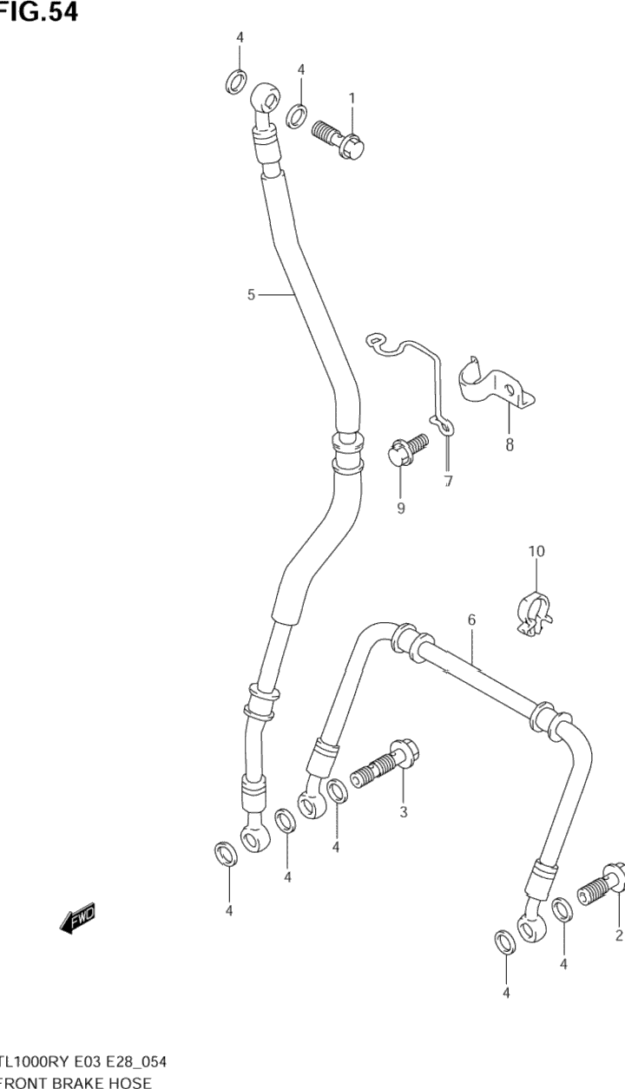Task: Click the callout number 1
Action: click(352, 99)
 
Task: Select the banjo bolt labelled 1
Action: click(338, 138)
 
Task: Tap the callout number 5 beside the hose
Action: click(251, 295)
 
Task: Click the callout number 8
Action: click(510, 446)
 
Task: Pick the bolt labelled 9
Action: click(406, 451)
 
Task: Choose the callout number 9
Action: click(401, 508)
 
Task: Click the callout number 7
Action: click(448, 482)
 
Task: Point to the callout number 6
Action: click(471, 620)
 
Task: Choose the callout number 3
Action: click(404, 812)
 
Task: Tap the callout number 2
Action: click(619, 935)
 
